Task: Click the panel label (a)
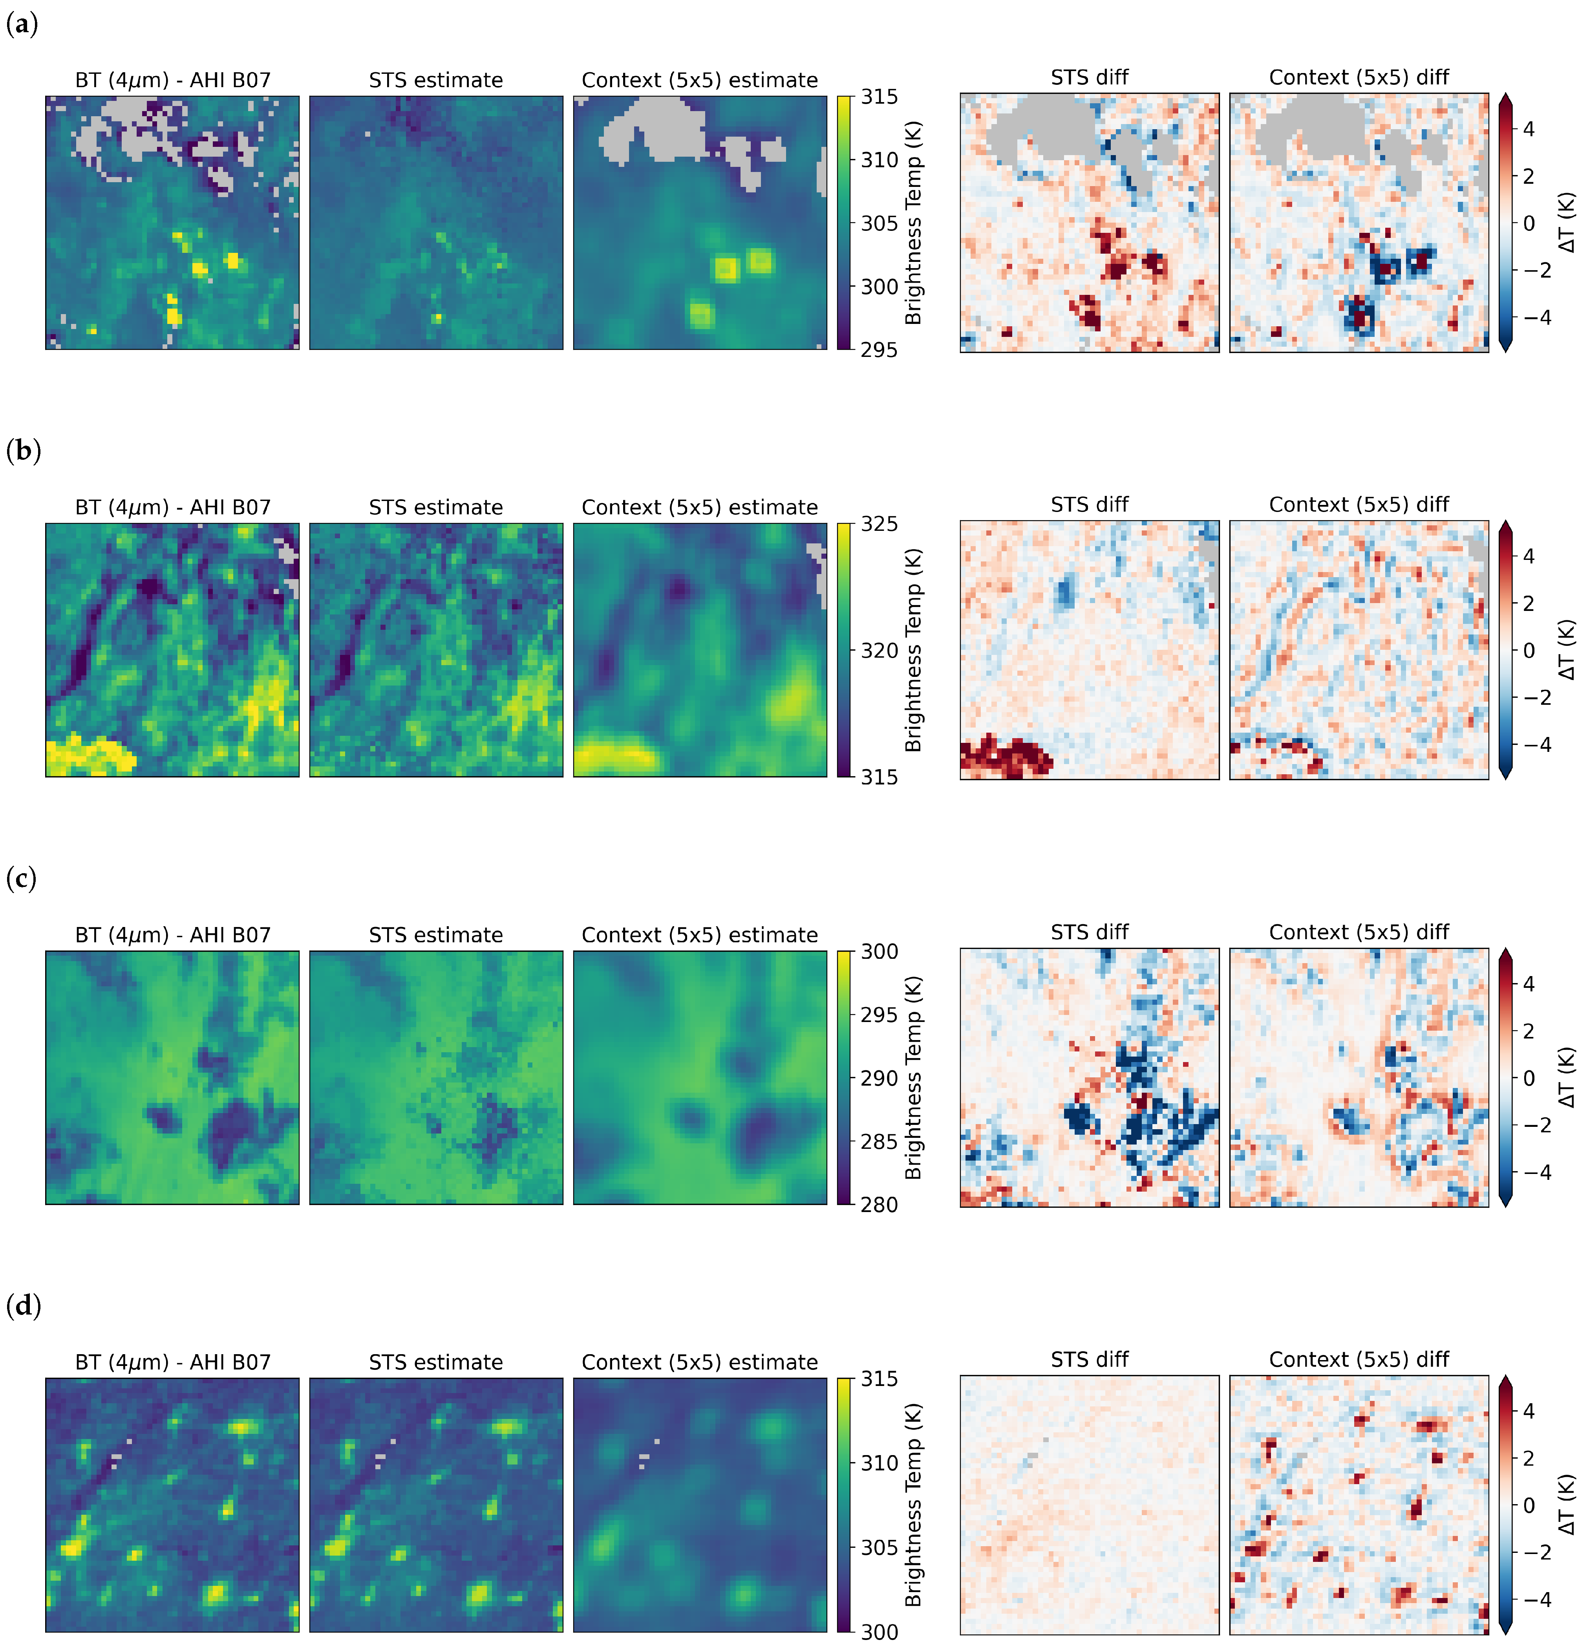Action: click(x=22, y=24)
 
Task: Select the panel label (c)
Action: click(x=22, y=879)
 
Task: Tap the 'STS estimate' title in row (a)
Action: click(x=435, y=80)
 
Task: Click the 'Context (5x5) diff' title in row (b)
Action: click(x=1358, y=505)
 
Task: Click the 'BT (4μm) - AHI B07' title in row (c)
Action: click(x=173, y=935)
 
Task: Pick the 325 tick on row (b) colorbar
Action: click(x=879, y=524)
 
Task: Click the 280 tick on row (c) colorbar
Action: click(x=879, y=1205)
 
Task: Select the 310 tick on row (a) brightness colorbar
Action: click(x=879, y=160)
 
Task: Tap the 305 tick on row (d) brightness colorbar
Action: click(x=879, y=1547)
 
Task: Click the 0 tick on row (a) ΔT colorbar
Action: click(x=1529, y=223)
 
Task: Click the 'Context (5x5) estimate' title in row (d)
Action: click(x=699, y=1362)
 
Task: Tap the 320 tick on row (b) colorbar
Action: click(x=879, y=650)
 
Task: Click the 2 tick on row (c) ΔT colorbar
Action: click(x=1529, y=1031)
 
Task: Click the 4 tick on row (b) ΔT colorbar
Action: click(x=1529, y=556)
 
